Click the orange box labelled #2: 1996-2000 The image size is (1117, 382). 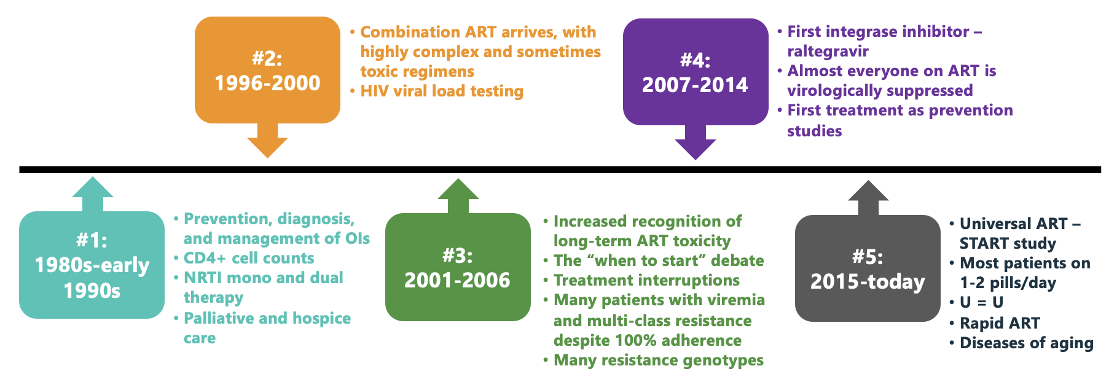point(267,70)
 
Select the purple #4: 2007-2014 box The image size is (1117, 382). point(696,72)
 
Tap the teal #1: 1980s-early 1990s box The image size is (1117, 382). point(92,265)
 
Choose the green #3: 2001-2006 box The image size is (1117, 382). point(458,267)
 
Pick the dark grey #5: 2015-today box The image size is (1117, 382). point(868,268)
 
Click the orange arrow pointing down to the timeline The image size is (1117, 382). point(267,141)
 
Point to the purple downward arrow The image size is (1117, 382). point(696,142)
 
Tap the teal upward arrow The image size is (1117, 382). point(92,194)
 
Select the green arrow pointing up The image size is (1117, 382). point(458,196)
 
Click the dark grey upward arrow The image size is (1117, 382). point(868,198)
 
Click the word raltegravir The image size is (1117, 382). point(828,51)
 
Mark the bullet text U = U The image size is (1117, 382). point(981,302)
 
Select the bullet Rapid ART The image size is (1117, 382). point(1000,323)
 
